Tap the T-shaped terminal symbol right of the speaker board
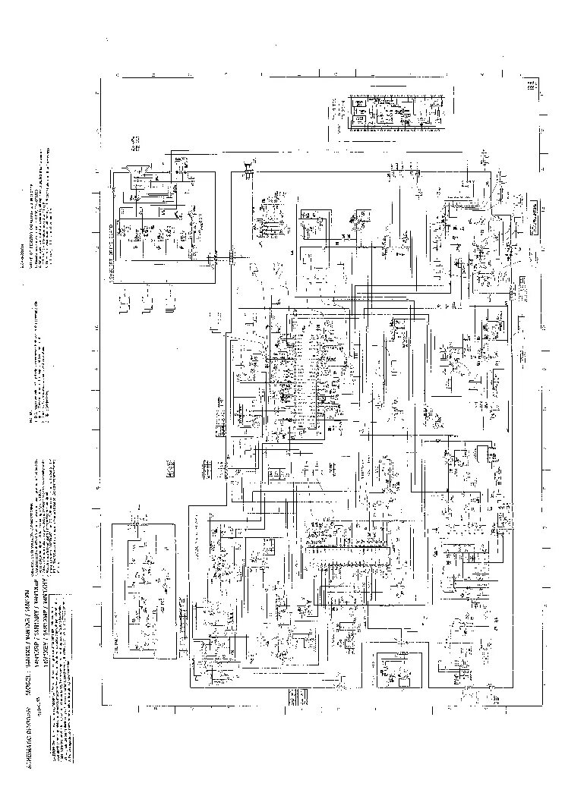(249, 170)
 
